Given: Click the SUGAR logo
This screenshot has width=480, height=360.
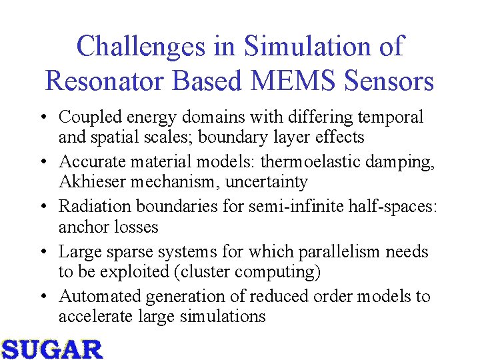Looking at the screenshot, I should tap(51, 349).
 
